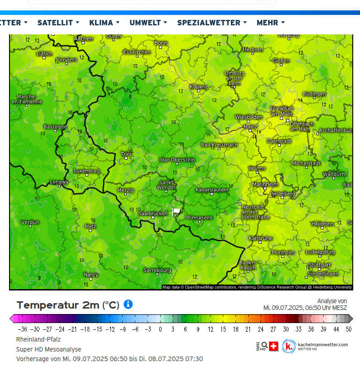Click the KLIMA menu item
104,22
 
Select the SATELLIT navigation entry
58,22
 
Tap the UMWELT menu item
148,22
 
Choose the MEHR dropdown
270,22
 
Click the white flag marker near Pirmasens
177,211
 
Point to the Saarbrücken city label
153,213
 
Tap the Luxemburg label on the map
87,171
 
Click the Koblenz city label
199,86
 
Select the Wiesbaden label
249,117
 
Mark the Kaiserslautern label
212,190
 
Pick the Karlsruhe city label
260,238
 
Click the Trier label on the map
127,154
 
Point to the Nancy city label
91,274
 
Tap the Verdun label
30,222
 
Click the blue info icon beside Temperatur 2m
128,304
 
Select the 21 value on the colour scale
248,329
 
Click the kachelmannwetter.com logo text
323,345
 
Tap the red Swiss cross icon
274,346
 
